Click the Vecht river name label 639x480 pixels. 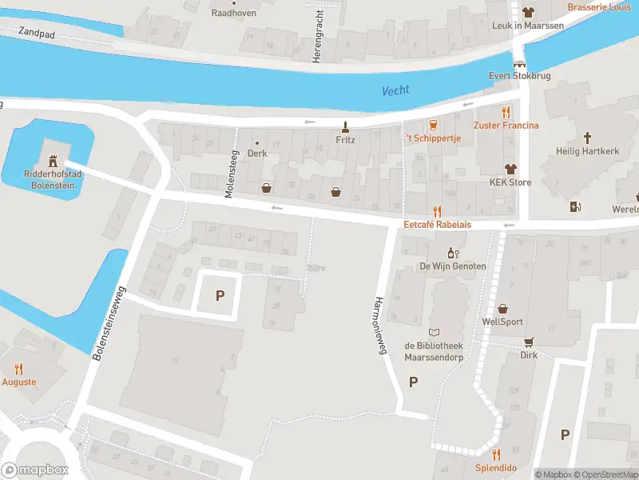point(395,90)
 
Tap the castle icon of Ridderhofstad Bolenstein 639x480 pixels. point(53,162)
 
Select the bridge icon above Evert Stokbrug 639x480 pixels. point(520,64)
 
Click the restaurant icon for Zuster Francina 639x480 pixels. point(506,112)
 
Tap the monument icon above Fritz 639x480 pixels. point(345,126)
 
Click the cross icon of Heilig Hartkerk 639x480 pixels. point(587,138)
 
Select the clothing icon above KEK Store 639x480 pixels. point(510,169)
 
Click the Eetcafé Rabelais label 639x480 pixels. point(437,225)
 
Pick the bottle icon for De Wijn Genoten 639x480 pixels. point(452,252)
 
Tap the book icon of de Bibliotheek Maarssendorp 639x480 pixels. point(434,333)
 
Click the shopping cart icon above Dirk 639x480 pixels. point(528,342)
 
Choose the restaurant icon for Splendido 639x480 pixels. point(496,454)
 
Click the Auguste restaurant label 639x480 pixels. point(19,382)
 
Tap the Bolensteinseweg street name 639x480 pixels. point(109,313)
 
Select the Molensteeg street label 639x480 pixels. point(231,174)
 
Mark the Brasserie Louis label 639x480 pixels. point(598,7)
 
